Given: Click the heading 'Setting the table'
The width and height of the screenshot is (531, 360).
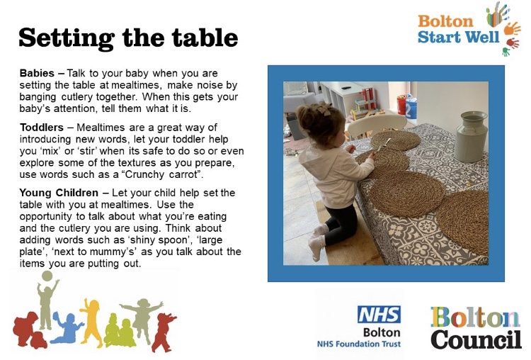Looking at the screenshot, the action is pos(128,38).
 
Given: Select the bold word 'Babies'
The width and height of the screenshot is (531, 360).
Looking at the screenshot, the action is pos(37,73).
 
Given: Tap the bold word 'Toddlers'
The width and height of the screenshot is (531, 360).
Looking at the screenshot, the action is pos(42,128).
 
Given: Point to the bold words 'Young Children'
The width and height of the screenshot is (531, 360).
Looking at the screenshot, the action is pos(59,193).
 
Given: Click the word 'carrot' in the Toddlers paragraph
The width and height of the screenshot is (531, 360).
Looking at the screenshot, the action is pos(183,174).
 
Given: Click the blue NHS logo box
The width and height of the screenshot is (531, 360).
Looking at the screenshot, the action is pos(379,314).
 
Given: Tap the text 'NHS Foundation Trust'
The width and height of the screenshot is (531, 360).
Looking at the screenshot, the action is pos(359,344).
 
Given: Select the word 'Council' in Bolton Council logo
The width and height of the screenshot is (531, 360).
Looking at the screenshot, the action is pos(476,339).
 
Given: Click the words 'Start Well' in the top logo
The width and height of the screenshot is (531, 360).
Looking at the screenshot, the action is pos(458,37).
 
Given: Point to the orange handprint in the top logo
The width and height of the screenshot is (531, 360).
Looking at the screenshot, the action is pos(512,28).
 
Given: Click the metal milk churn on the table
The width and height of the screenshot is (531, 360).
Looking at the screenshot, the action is pos(470,136).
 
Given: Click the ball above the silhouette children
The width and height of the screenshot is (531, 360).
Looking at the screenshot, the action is pos(47,276).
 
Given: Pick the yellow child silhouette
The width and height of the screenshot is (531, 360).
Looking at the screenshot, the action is pos(91,322).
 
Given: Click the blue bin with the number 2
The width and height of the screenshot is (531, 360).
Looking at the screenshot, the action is pos(411,108).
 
